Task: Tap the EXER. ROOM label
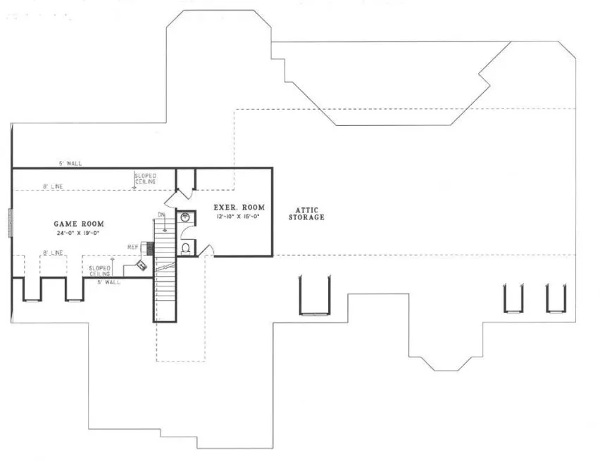coord(239,207)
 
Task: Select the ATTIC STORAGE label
coord(306,214)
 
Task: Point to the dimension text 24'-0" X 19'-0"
coord(77,233)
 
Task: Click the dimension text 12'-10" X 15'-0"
coord(239,217)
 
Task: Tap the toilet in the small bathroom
coord(186,247)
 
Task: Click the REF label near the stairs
coord(132,247)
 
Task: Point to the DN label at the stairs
coord(161,215)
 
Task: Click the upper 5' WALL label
coord(70,163)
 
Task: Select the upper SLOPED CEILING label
coord(145,178)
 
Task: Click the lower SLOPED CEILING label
coord(99,271)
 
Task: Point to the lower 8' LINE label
coord(53,252)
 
